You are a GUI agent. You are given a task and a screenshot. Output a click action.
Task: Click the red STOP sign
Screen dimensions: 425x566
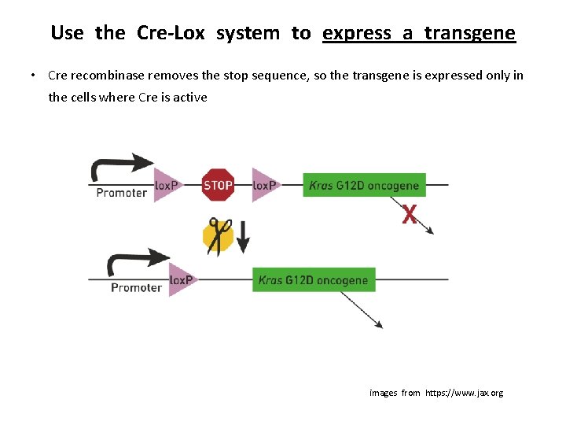coord(218,185)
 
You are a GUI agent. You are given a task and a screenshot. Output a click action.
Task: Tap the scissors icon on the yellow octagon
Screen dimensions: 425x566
coord(219,235)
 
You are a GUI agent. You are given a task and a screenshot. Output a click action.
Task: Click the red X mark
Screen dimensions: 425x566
coord(410,214)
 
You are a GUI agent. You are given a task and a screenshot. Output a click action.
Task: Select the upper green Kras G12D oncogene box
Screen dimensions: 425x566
coord(364,186)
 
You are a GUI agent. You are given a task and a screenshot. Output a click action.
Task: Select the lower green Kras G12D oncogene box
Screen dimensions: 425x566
coord(313,280)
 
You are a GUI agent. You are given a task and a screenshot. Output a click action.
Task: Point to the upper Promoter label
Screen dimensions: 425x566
coord(121,193)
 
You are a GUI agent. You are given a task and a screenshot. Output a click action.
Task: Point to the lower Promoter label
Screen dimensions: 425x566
coord(136,287)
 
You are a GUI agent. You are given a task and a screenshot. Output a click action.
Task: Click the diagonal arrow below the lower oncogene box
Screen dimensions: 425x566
coord(362,309)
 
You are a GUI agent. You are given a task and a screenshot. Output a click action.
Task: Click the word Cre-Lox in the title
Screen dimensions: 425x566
coord(171,33)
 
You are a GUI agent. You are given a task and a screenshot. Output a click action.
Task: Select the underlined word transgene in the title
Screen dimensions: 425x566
coord(469,33)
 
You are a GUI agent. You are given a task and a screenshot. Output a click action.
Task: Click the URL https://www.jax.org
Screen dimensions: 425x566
coord(464,393)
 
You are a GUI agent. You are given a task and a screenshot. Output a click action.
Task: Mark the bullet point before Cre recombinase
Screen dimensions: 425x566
coord(34,76)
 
